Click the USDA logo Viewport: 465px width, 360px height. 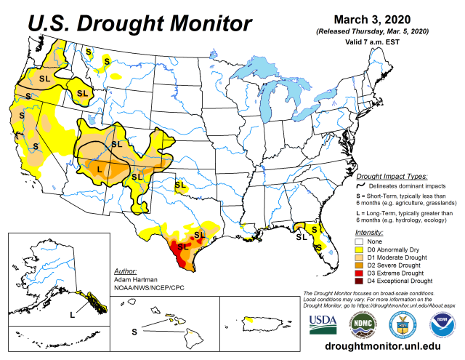tap(323, 323)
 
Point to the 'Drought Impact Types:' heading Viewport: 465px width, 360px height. tap(391, 177)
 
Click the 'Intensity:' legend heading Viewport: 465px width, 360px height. tap(371, 232)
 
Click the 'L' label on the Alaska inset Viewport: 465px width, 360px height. tap(72, 314)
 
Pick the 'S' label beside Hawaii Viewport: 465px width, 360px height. tap(134, 331)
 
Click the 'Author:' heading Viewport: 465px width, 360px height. tap(126, 271)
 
